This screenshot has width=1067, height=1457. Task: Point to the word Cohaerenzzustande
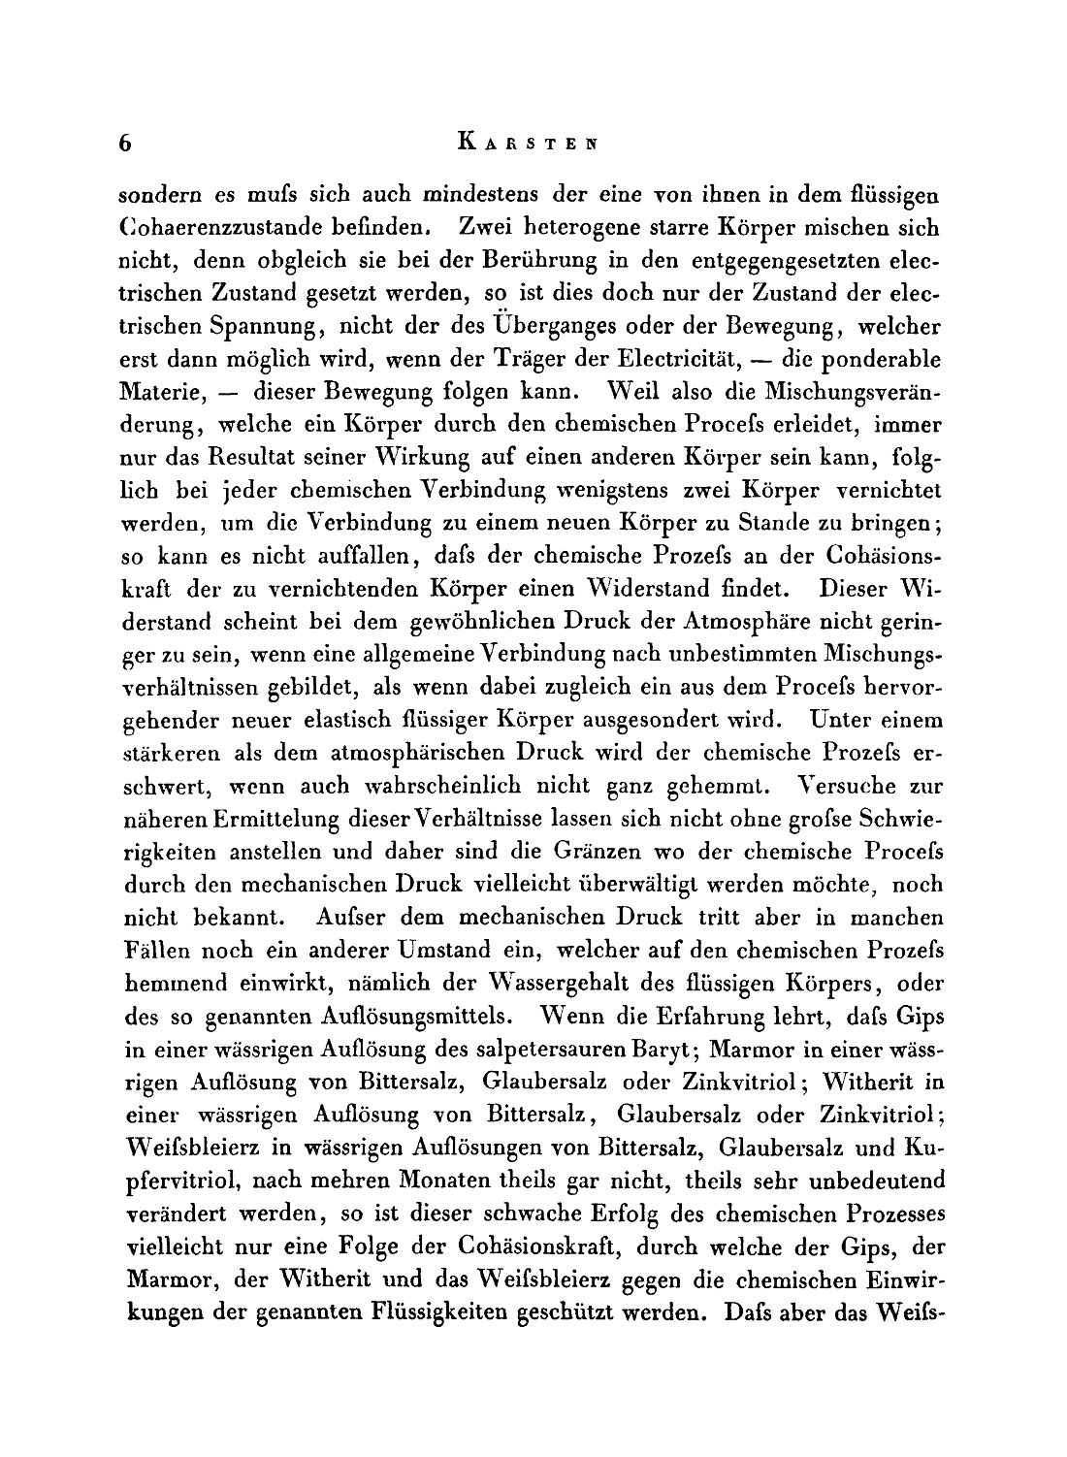(x=219, y=230)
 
